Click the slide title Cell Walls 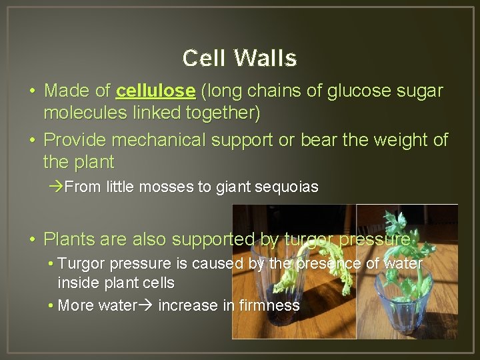[239, 59]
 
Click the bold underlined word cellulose [155, 91]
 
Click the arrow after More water [146, 305]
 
